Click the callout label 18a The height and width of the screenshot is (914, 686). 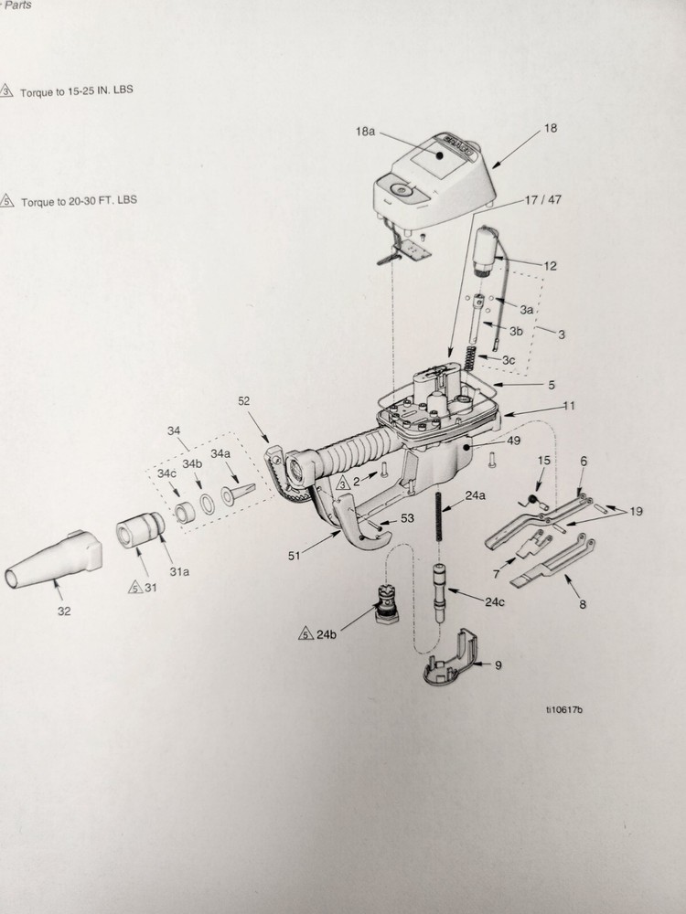pos(365,132)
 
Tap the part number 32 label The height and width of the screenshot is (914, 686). pos(63,610)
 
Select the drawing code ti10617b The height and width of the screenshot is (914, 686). pos(564,708)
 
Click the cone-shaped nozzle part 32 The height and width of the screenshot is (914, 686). pos(55,558)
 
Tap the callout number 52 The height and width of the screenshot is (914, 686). pos(243,400)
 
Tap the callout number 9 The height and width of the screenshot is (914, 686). pos(498,664)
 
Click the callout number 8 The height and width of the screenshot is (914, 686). pos(583,604)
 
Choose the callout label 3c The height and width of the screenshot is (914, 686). pos(509,360)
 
